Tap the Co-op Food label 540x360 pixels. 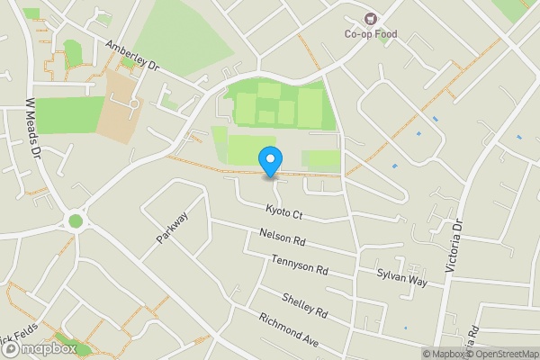(370, 35)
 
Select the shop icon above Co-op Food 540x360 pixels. (370, 19)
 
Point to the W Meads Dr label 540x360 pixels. (35, 129)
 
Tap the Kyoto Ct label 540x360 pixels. (284, 211)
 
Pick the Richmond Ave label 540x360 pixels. (288, 330)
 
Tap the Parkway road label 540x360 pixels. (171, 228)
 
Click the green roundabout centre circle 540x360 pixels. (76, 220)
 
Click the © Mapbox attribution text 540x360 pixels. (445, 354)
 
